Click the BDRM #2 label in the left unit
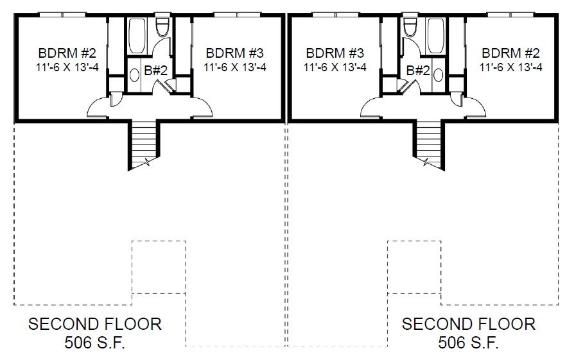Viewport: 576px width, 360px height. [67, 53]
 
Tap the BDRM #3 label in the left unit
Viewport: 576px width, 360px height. [235, 53]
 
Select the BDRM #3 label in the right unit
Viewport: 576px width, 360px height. [335, 53]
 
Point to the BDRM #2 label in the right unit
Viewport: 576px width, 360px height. [511, 53]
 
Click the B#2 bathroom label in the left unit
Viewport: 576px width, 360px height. [156, 70]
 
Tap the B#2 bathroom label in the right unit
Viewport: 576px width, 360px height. [418, 70]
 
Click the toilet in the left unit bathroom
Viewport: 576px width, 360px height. [162, 26]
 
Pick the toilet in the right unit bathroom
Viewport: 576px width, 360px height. [410, 26]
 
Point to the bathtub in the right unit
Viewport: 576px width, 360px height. [435, 36]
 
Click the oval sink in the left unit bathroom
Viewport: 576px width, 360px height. [135, 75]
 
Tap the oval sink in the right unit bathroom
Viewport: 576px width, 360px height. [438, 75]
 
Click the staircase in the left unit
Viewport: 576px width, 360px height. [144, 144]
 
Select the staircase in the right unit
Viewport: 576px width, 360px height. [429, 144]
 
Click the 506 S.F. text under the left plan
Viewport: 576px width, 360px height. [95, 343]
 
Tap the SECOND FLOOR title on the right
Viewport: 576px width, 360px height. [468, 324]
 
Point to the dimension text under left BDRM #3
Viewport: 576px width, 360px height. [235, 67]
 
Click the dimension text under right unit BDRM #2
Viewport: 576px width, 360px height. [511, 67]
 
